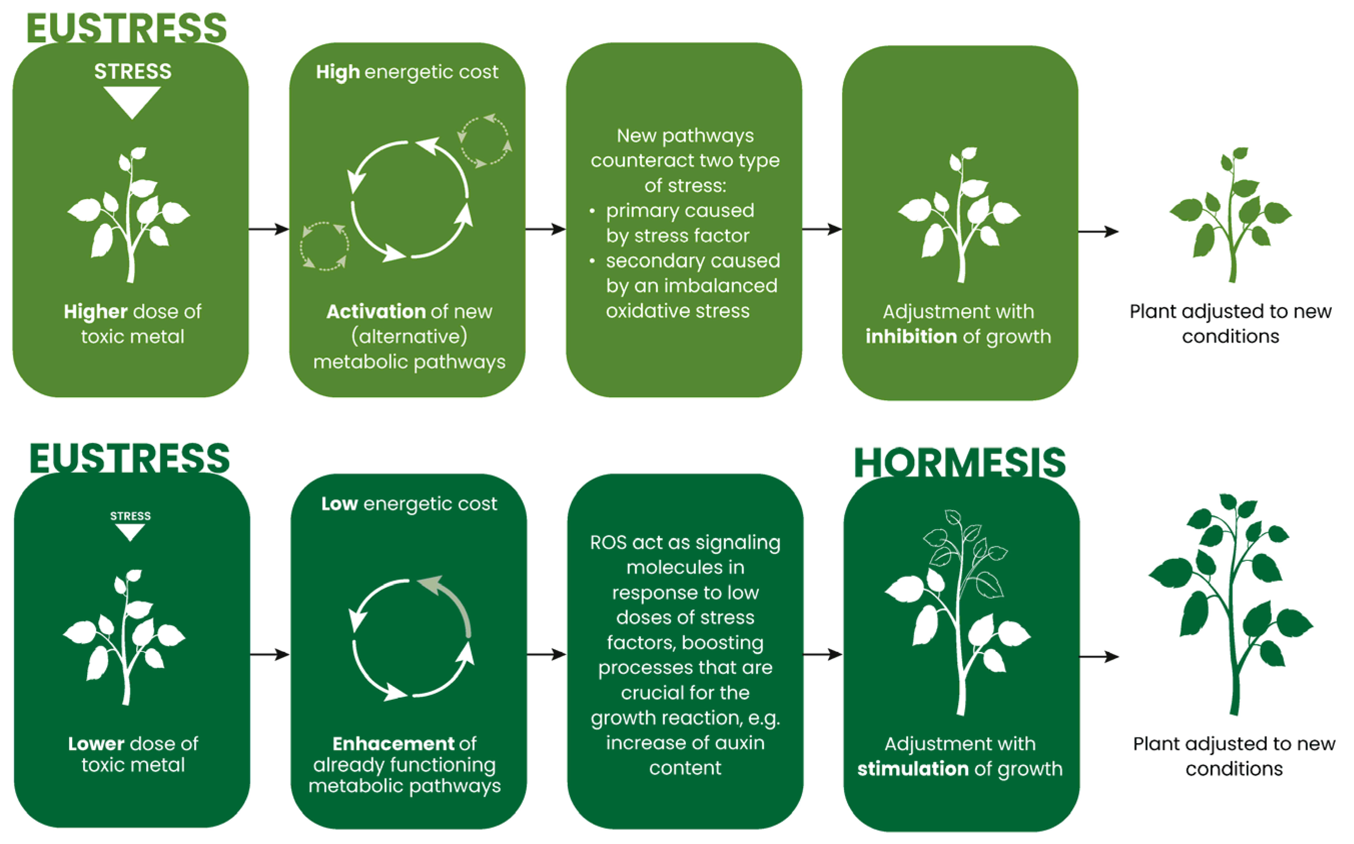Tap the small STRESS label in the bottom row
(x=130, y=516)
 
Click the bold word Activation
(x=376, y=312)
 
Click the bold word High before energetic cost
(x=338, y=72)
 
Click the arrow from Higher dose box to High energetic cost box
(x=268, y=229)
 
